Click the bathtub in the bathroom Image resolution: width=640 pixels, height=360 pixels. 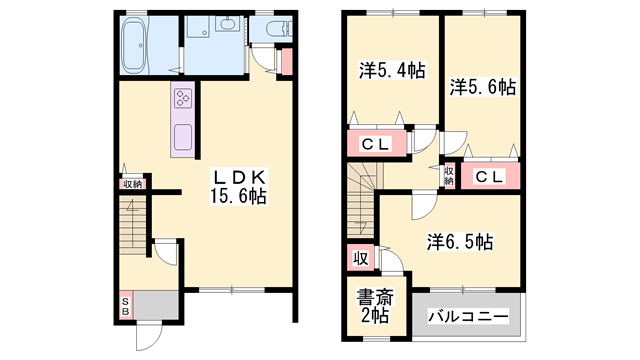tap(134, 46)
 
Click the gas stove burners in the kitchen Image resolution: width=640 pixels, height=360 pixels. tap(184, 98)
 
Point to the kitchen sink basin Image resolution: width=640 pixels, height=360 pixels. tap(184, 135)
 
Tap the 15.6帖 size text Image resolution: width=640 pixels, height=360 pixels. tap(237, 197)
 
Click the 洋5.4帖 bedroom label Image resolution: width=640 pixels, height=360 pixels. tap(392, 71)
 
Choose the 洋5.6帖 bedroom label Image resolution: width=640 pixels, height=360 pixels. tap(482, 87)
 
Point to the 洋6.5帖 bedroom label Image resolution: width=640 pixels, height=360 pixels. tap(459, 241)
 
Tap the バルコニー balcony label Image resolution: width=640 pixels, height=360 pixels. tap(468, 316)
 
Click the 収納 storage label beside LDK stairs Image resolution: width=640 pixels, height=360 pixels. tap(133, 184)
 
